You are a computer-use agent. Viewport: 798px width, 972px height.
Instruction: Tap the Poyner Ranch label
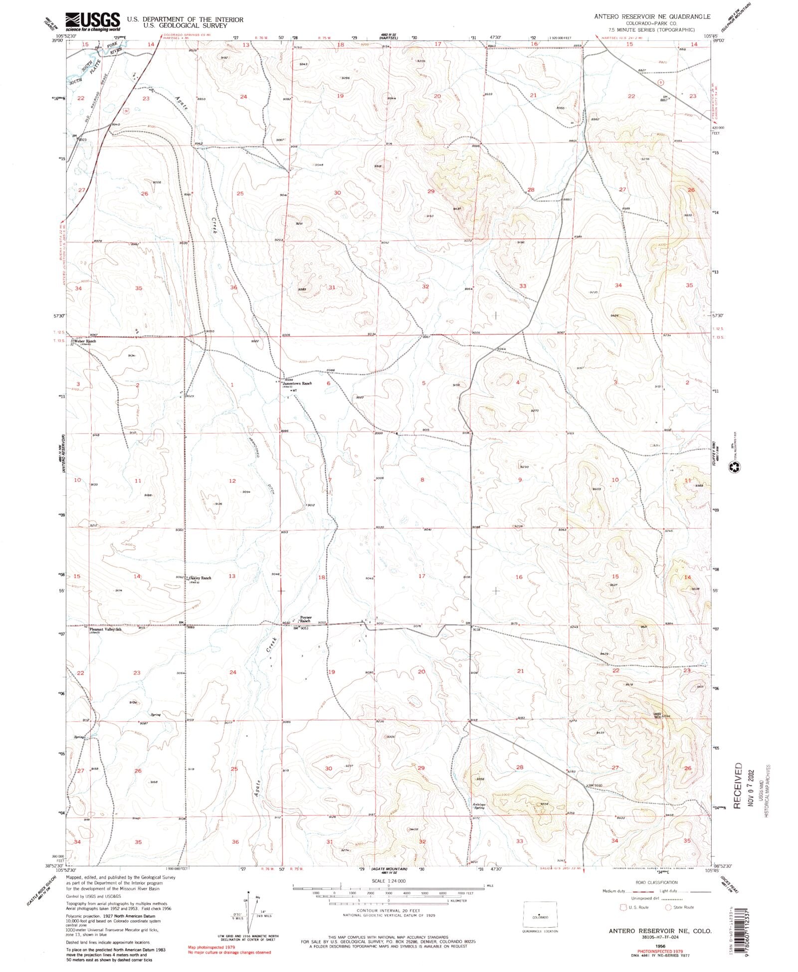305,619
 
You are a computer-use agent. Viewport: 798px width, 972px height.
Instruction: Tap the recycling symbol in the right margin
735,467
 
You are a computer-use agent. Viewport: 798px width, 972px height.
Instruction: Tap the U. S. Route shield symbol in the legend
623,907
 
